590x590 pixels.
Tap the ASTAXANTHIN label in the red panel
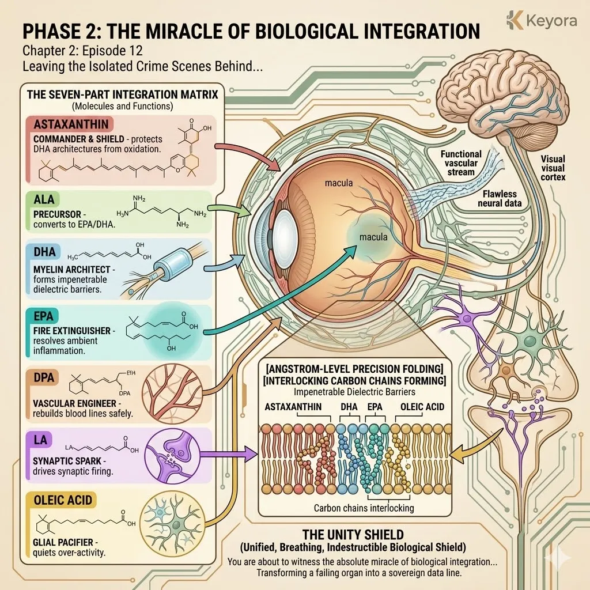click(67, 124)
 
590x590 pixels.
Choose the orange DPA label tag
click(44, 377)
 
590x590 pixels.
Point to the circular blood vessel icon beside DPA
click(168, 393)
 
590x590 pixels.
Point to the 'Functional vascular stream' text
click(461, 163)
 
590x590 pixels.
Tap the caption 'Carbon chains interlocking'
click(364, 508)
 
